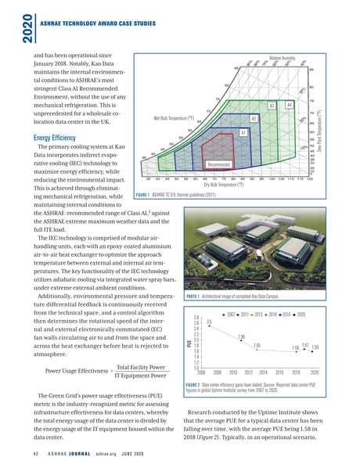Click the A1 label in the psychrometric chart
pyautogui.click(x=244, y=133)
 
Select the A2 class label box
pyautogui.click(x=254, y=118)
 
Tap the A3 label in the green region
pyautogui.click(x=272, y=106)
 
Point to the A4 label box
pyautogui.click(x=289, y=104)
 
